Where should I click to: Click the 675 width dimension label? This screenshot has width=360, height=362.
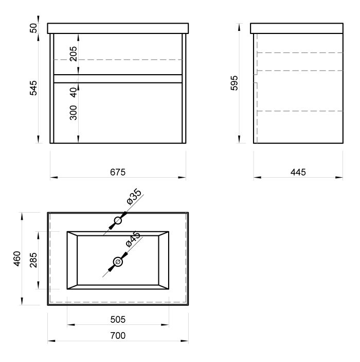pos(118,172)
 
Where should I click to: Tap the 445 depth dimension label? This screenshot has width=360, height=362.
pos(298,172)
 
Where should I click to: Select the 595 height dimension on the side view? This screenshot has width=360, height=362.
pos(235,83)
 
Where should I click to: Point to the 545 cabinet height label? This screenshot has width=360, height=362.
pos(33,88)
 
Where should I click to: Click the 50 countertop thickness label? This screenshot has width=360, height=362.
pos(33,28)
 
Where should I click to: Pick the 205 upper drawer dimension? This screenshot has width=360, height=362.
pos(74,54)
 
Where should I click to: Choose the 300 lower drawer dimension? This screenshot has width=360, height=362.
pos(74,113)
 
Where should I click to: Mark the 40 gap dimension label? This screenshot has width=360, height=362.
pos(74,92)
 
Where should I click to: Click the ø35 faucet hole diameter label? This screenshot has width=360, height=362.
pos(134,197)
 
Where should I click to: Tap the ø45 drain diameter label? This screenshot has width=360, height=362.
pos(133,239)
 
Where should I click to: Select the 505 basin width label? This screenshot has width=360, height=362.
pos(118,320)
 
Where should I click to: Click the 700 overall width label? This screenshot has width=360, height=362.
pos(118,335)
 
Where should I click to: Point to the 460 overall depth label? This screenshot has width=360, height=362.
pos(17,259)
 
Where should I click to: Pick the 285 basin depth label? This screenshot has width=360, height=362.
pos(33,260)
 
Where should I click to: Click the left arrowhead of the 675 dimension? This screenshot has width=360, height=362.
pos(53,177)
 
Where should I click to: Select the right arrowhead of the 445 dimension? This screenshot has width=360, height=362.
pos(339,177)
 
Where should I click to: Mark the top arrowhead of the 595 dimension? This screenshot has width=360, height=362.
pos(239,27)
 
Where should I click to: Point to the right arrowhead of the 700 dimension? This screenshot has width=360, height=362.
pos(185,341)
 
